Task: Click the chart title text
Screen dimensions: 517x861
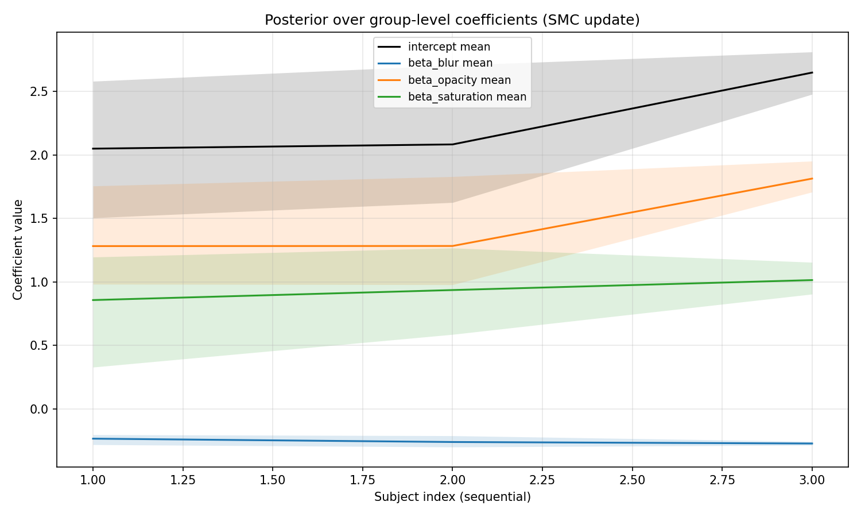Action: point(452,20)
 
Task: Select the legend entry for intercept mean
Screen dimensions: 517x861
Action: point(449,47)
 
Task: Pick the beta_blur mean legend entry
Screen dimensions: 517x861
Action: point(450,64)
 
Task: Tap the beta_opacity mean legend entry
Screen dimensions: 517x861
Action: point(459,80)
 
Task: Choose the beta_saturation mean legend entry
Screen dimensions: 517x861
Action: point(467,97)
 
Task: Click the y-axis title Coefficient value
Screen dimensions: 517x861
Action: point(18,249)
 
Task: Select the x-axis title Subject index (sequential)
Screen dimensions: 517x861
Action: point(452,497)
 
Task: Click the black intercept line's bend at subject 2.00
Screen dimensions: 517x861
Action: point(452,144)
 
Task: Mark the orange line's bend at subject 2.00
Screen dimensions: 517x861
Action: point(452,246)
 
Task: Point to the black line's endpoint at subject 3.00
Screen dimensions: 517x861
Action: point(812,72)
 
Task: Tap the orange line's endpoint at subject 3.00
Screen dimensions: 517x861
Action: point(812,179)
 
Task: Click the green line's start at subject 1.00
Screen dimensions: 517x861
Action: point(93,300)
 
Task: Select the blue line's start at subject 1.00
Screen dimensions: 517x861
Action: point(93,439)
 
